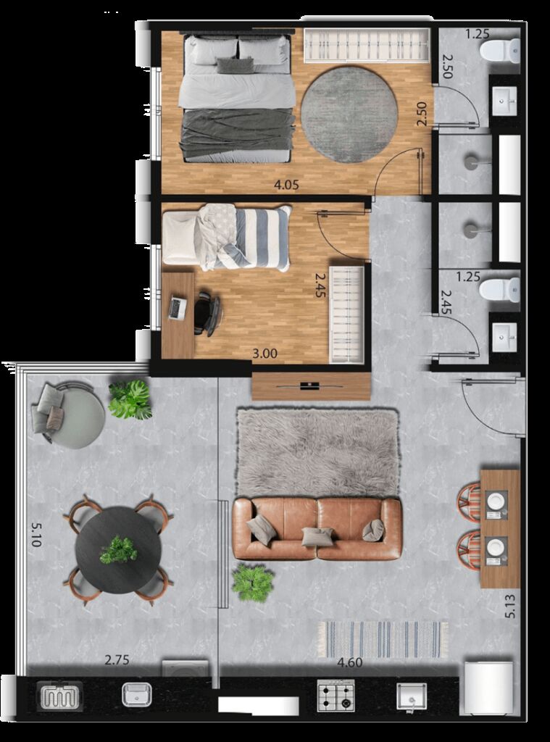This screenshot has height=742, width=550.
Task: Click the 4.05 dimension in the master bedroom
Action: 287,185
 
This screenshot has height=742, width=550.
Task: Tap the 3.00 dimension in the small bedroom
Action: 264,354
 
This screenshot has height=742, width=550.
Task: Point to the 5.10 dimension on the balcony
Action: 36,534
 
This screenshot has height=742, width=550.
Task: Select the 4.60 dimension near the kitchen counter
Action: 350,662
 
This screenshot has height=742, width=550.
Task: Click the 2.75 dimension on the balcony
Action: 117,659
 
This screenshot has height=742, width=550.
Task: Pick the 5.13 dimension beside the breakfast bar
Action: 510,606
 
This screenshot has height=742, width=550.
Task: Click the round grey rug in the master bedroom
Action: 349,115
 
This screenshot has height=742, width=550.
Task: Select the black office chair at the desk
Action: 207,313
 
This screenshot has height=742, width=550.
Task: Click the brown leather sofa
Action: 317,528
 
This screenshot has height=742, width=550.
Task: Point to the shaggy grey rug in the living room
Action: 317,452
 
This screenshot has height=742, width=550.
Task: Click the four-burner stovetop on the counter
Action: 336,696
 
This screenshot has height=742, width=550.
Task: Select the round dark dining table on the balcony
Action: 118,550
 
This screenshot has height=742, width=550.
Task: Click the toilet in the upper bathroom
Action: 500,51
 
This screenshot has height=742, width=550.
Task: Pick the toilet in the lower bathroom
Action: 500,290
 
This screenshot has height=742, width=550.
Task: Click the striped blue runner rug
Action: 383,639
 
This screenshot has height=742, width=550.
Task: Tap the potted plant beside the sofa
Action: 253,583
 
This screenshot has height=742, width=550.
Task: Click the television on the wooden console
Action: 310,386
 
